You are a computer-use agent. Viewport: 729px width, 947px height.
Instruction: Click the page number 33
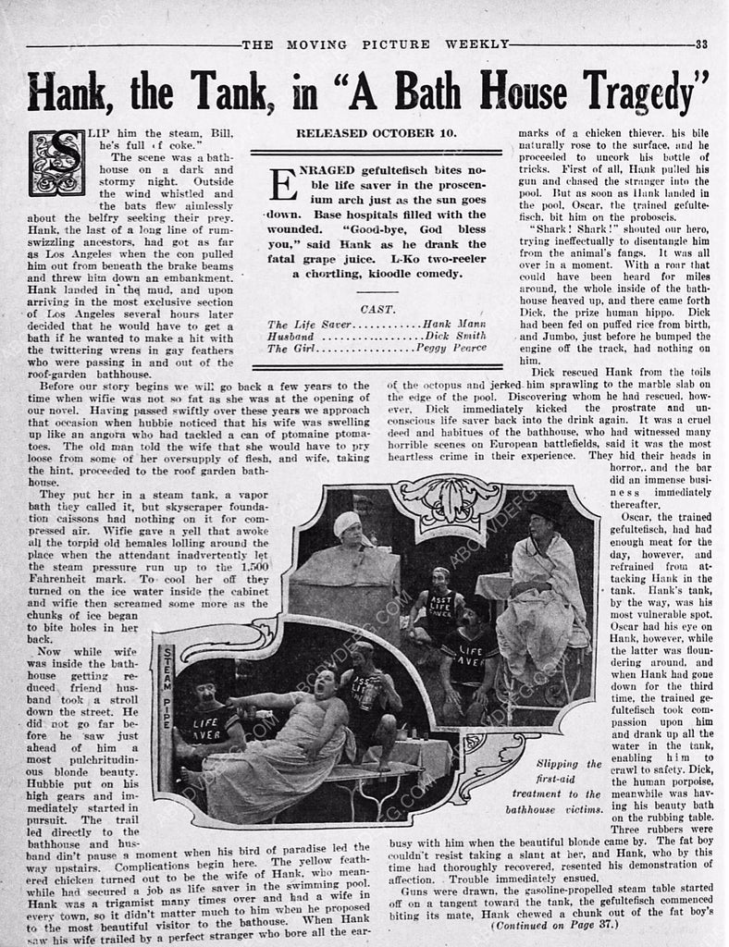coord(702,43)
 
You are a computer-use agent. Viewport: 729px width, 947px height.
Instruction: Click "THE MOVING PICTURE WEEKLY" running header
coord(375,43)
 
